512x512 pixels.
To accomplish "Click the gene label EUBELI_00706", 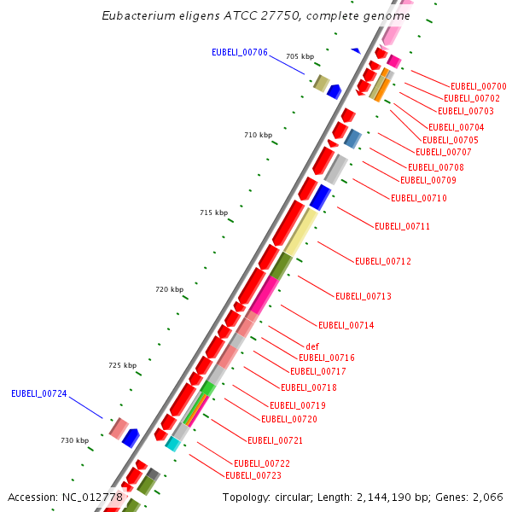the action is click(240, 53).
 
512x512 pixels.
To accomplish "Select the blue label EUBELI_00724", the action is click(39, 393).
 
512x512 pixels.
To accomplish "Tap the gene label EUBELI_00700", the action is click(478, 86).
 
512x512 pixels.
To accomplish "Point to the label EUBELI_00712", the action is click(383, 261).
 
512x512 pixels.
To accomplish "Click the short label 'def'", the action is click(312, 346).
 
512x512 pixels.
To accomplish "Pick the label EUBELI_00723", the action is click(253, 475).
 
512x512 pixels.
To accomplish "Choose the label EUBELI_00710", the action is click(418, 198).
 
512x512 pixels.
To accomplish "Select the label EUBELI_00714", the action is click(346, 325).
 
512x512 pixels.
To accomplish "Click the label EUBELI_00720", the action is click(289, 419).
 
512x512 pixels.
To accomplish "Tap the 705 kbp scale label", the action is click(300, 56).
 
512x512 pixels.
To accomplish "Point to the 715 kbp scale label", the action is click(213, 212).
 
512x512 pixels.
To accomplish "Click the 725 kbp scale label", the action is click(123, 365).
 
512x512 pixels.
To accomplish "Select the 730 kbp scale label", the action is click(74, 440).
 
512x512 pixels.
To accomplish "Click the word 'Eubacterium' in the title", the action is click(136, 16).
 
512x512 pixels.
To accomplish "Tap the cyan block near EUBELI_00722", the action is click(173, 443).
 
